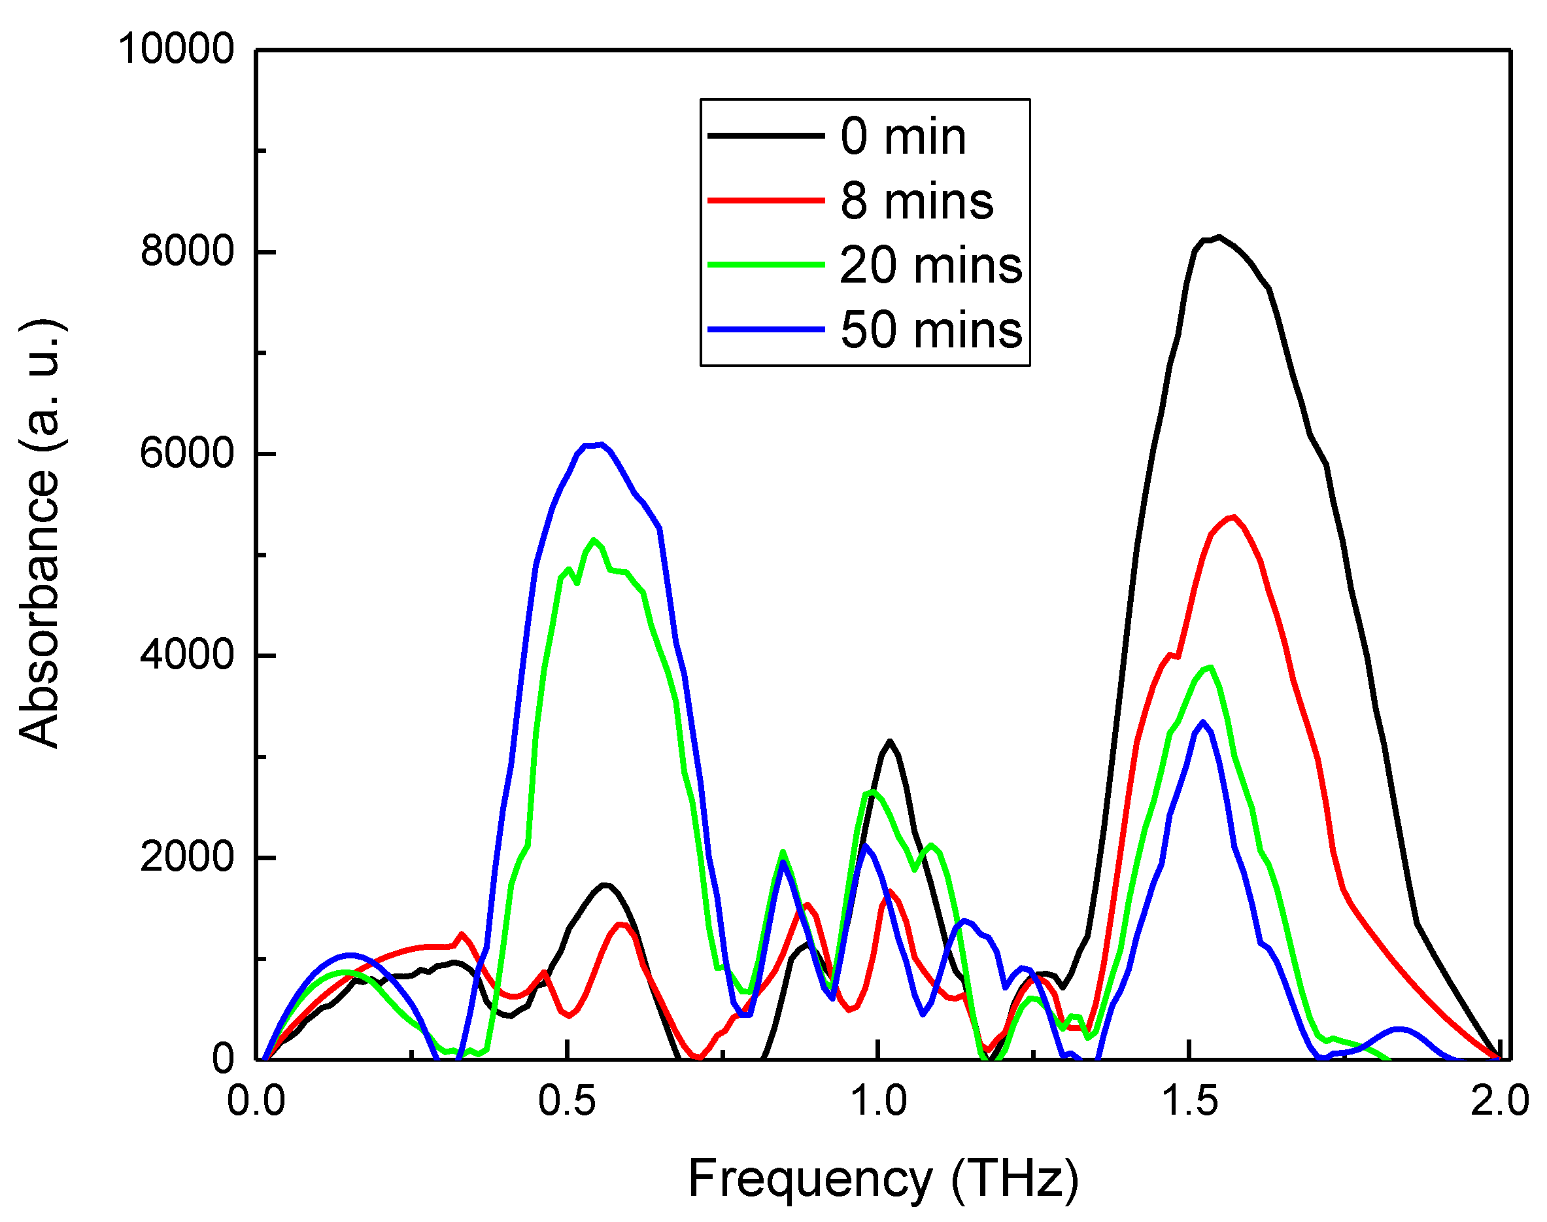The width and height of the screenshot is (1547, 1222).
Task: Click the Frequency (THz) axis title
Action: tap(883, 1178)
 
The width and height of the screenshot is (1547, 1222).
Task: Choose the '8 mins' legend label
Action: tap(916, 201)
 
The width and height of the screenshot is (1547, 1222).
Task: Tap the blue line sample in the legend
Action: tap(765, 330)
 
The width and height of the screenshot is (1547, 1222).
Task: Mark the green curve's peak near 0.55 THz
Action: tap(593, 540)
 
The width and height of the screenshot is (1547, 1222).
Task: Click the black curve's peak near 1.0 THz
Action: tap(889, 741)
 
